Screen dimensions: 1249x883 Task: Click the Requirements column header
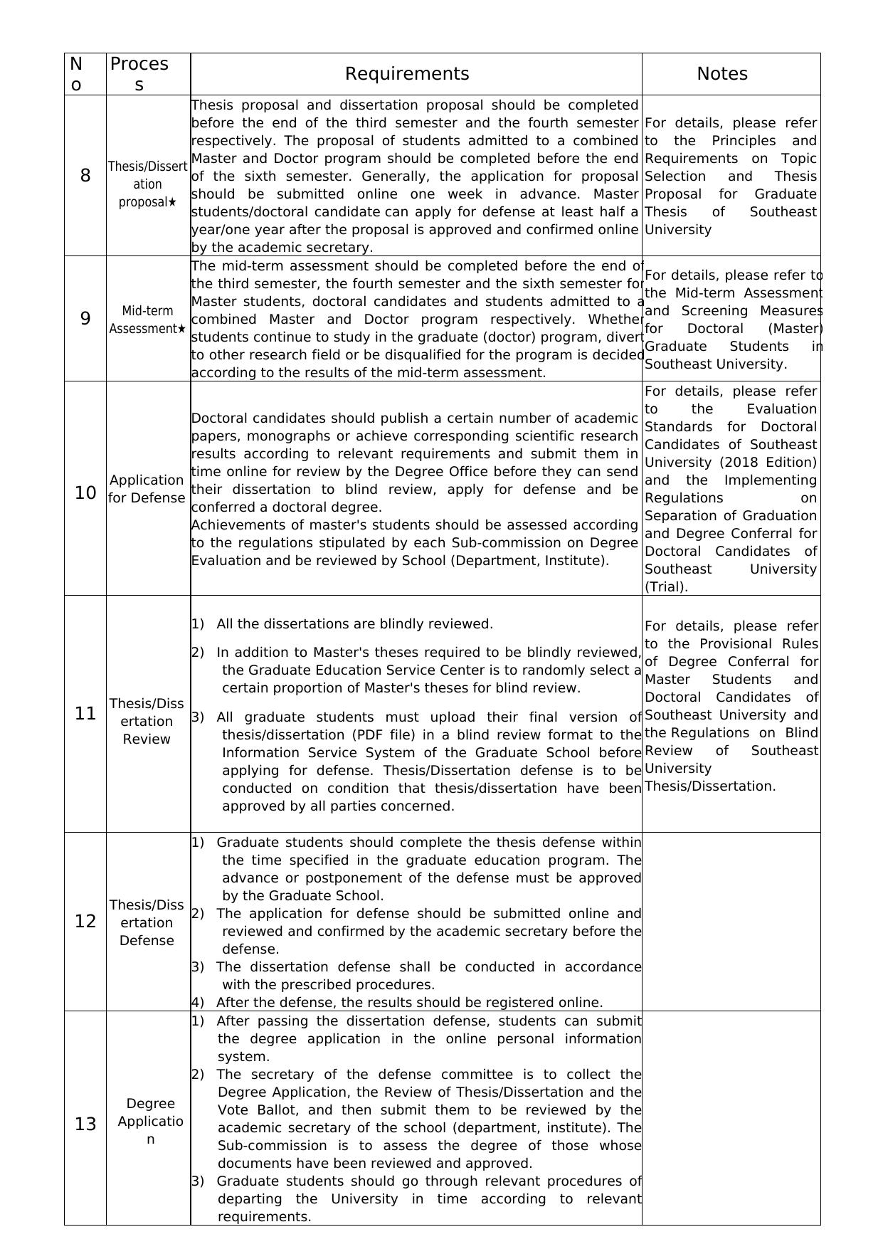point(407,74)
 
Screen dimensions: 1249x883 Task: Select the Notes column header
point(721,74)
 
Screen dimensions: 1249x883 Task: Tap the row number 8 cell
point(85,176)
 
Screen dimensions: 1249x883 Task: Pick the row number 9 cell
point(85,319)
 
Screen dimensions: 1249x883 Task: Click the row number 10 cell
point(85,492)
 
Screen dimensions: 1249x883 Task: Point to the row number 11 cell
point(85,714)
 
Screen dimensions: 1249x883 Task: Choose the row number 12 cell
point(85,922)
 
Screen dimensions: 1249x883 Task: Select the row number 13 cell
point(85,1124)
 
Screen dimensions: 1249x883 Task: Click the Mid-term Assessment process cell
point(147,320)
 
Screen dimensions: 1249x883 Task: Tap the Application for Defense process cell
point(147,489)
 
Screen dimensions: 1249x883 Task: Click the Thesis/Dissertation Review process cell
point(147,721)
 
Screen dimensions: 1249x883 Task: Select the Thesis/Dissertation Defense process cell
point(147,922)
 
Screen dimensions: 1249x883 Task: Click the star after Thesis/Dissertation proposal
point(171,202)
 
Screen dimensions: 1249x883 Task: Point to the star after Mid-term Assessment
point(181,329)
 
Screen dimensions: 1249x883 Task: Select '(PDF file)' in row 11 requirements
point(388,735)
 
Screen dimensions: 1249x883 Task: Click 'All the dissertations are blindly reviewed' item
point(354,624)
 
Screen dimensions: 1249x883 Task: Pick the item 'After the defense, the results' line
point(409,1003)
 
